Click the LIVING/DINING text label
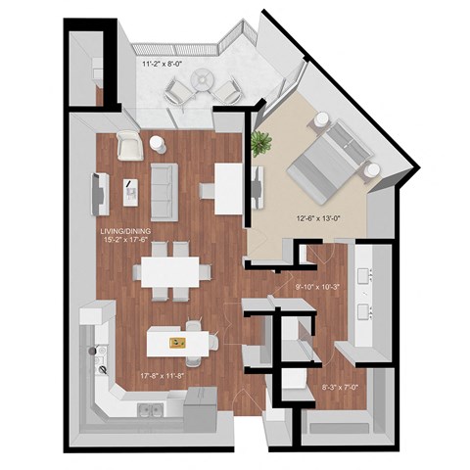pos(123,232)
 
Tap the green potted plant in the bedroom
pos(259,144)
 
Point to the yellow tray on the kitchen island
pos(177,342)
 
